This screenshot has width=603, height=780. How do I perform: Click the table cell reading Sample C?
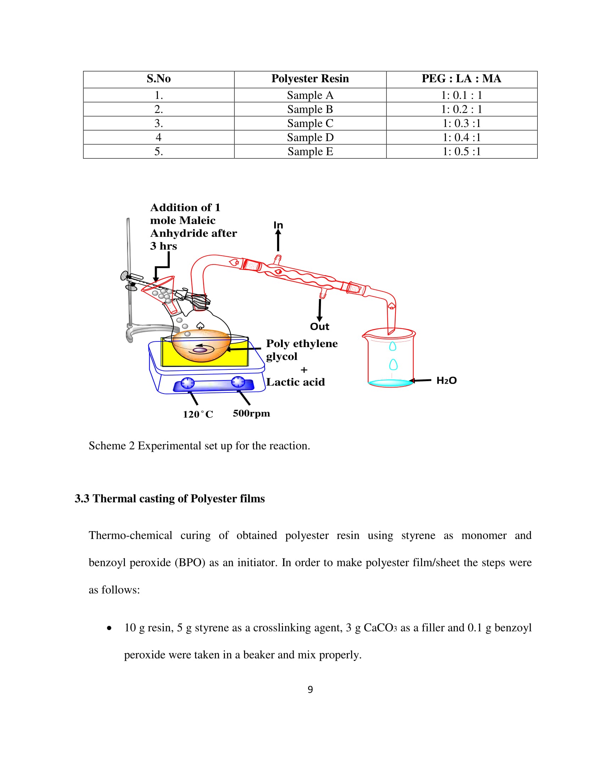coord(310,123)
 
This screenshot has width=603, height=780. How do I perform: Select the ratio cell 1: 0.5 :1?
coord(461,151)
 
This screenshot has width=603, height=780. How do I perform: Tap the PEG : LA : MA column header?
coord(461,79)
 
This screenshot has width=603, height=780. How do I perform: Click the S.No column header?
coord(159,79)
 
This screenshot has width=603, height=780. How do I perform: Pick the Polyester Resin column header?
coord(310,79)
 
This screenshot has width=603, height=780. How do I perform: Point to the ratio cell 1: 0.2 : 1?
coord(461,109)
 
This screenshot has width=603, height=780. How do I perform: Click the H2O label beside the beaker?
coord(446,381)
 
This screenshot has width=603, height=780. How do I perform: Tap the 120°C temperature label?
coord(198,414)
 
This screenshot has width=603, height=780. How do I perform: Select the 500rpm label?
coord(251,413)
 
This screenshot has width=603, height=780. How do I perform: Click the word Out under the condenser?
coord(319,327)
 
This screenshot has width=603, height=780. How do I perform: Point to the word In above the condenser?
coord(278,225)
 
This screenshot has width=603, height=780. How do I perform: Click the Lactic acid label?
coord(295,382)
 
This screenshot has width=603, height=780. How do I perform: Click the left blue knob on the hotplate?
coord(188,383)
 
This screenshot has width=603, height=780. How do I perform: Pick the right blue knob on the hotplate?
coord(238,382)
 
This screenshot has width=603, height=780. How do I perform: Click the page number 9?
coord(310,689)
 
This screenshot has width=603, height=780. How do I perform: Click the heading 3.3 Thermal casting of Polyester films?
coord(170,498)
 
